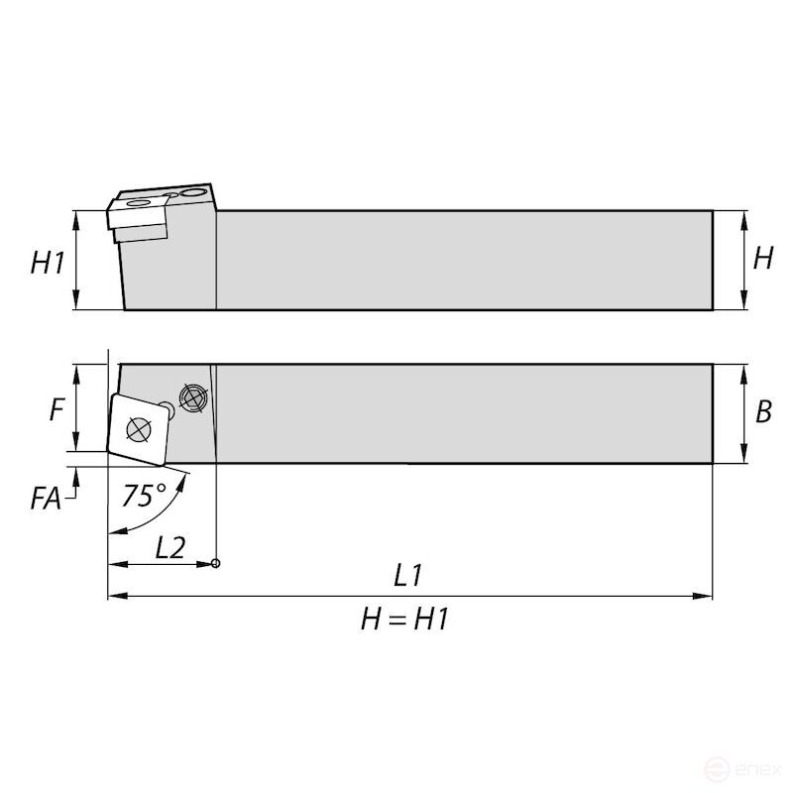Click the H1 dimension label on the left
[x=48, y=263]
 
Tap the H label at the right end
[x=763, y=258]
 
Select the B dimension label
[x=763, y=411]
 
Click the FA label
[x=46, y=499]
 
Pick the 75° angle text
[x=144, y=495]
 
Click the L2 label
[x=170, y=547]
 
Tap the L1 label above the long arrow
[x=407, y=576]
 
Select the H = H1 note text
[x=404, y=619]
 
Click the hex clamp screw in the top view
[x=193, y=398]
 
